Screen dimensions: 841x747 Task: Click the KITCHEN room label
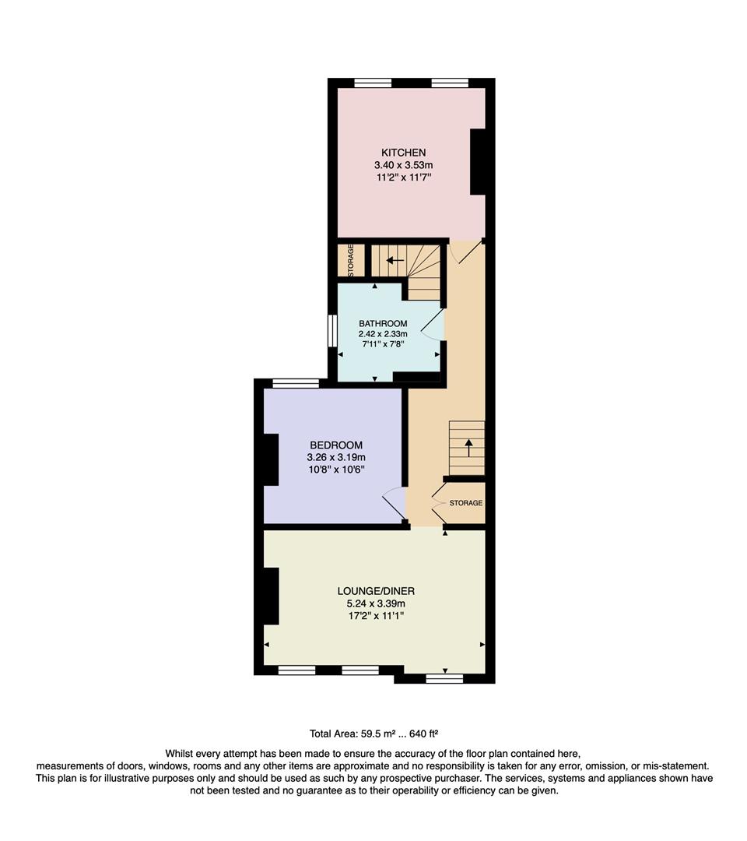[x=403, y=152]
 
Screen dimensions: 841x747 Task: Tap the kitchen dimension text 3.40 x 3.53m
[x=403, y=165]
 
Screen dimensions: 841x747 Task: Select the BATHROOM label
[x=383, y=323]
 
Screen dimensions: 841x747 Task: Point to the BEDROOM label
[x=336, y=445]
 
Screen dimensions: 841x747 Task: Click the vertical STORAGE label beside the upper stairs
[x=350, y=261]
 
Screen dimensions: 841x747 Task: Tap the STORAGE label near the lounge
[x=465, y=503]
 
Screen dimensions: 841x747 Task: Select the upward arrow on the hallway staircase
[x=468, y=447]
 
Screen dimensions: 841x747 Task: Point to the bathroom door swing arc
[x=433, y=325]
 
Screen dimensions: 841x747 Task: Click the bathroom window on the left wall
[x=331, y=331]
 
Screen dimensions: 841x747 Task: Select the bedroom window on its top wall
[x=296, y=382]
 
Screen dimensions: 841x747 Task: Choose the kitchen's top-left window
[x=372, y=83]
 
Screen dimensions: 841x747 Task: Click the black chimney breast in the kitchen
[x=479, y=161]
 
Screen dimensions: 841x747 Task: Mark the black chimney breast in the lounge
[x=271, y=596]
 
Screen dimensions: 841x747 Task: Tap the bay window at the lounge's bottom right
[x=444, y=679]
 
